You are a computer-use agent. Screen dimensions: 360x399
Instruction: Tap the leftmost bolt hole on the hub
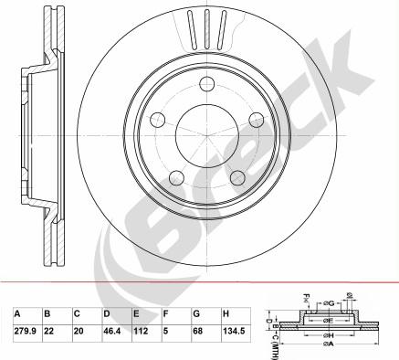(x=158, y=119)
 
